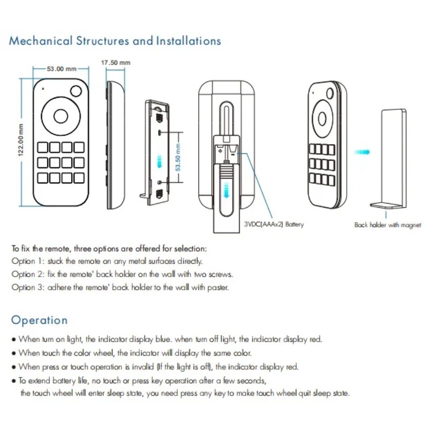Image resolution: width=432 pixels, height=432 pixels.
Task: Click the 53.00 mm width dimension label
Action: (x=61, y=69)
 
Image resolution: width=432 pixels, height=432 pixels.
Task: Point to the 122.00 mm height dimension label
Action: (x=21, y=141)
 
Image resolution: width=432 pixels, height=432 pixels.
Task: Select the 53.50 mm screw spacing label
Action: (x=178, y=157)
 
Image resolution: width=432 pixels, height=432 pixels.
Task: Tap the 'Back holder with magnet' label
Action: (x=387, y=226)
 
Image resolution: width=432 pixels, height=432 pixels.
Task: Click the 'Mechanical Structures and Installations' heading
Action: (x=115, y=41)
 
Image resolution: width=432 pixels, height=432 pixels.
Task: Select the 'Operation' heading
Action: (x=39, y=320)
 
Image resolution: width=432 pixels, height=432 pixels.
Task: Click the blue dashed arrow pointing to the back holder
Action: (x=362, y=152)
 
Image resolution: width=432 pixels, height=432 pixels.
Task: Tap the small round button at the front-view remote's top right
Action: (x=76, y=91)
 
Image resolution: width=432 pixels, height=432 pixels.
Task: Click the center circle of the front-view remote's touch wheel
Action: (x=61, y=115)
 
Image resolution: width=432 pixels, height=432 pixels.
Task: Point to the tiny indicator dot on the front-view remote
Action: (x=43, y=88)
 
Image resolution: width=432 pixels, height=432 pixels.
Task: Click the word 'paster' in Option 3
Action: (x=220, y=287)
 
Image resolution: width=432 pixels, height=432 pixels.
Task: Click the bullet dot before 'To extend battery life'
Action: (x=14, y=380)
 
